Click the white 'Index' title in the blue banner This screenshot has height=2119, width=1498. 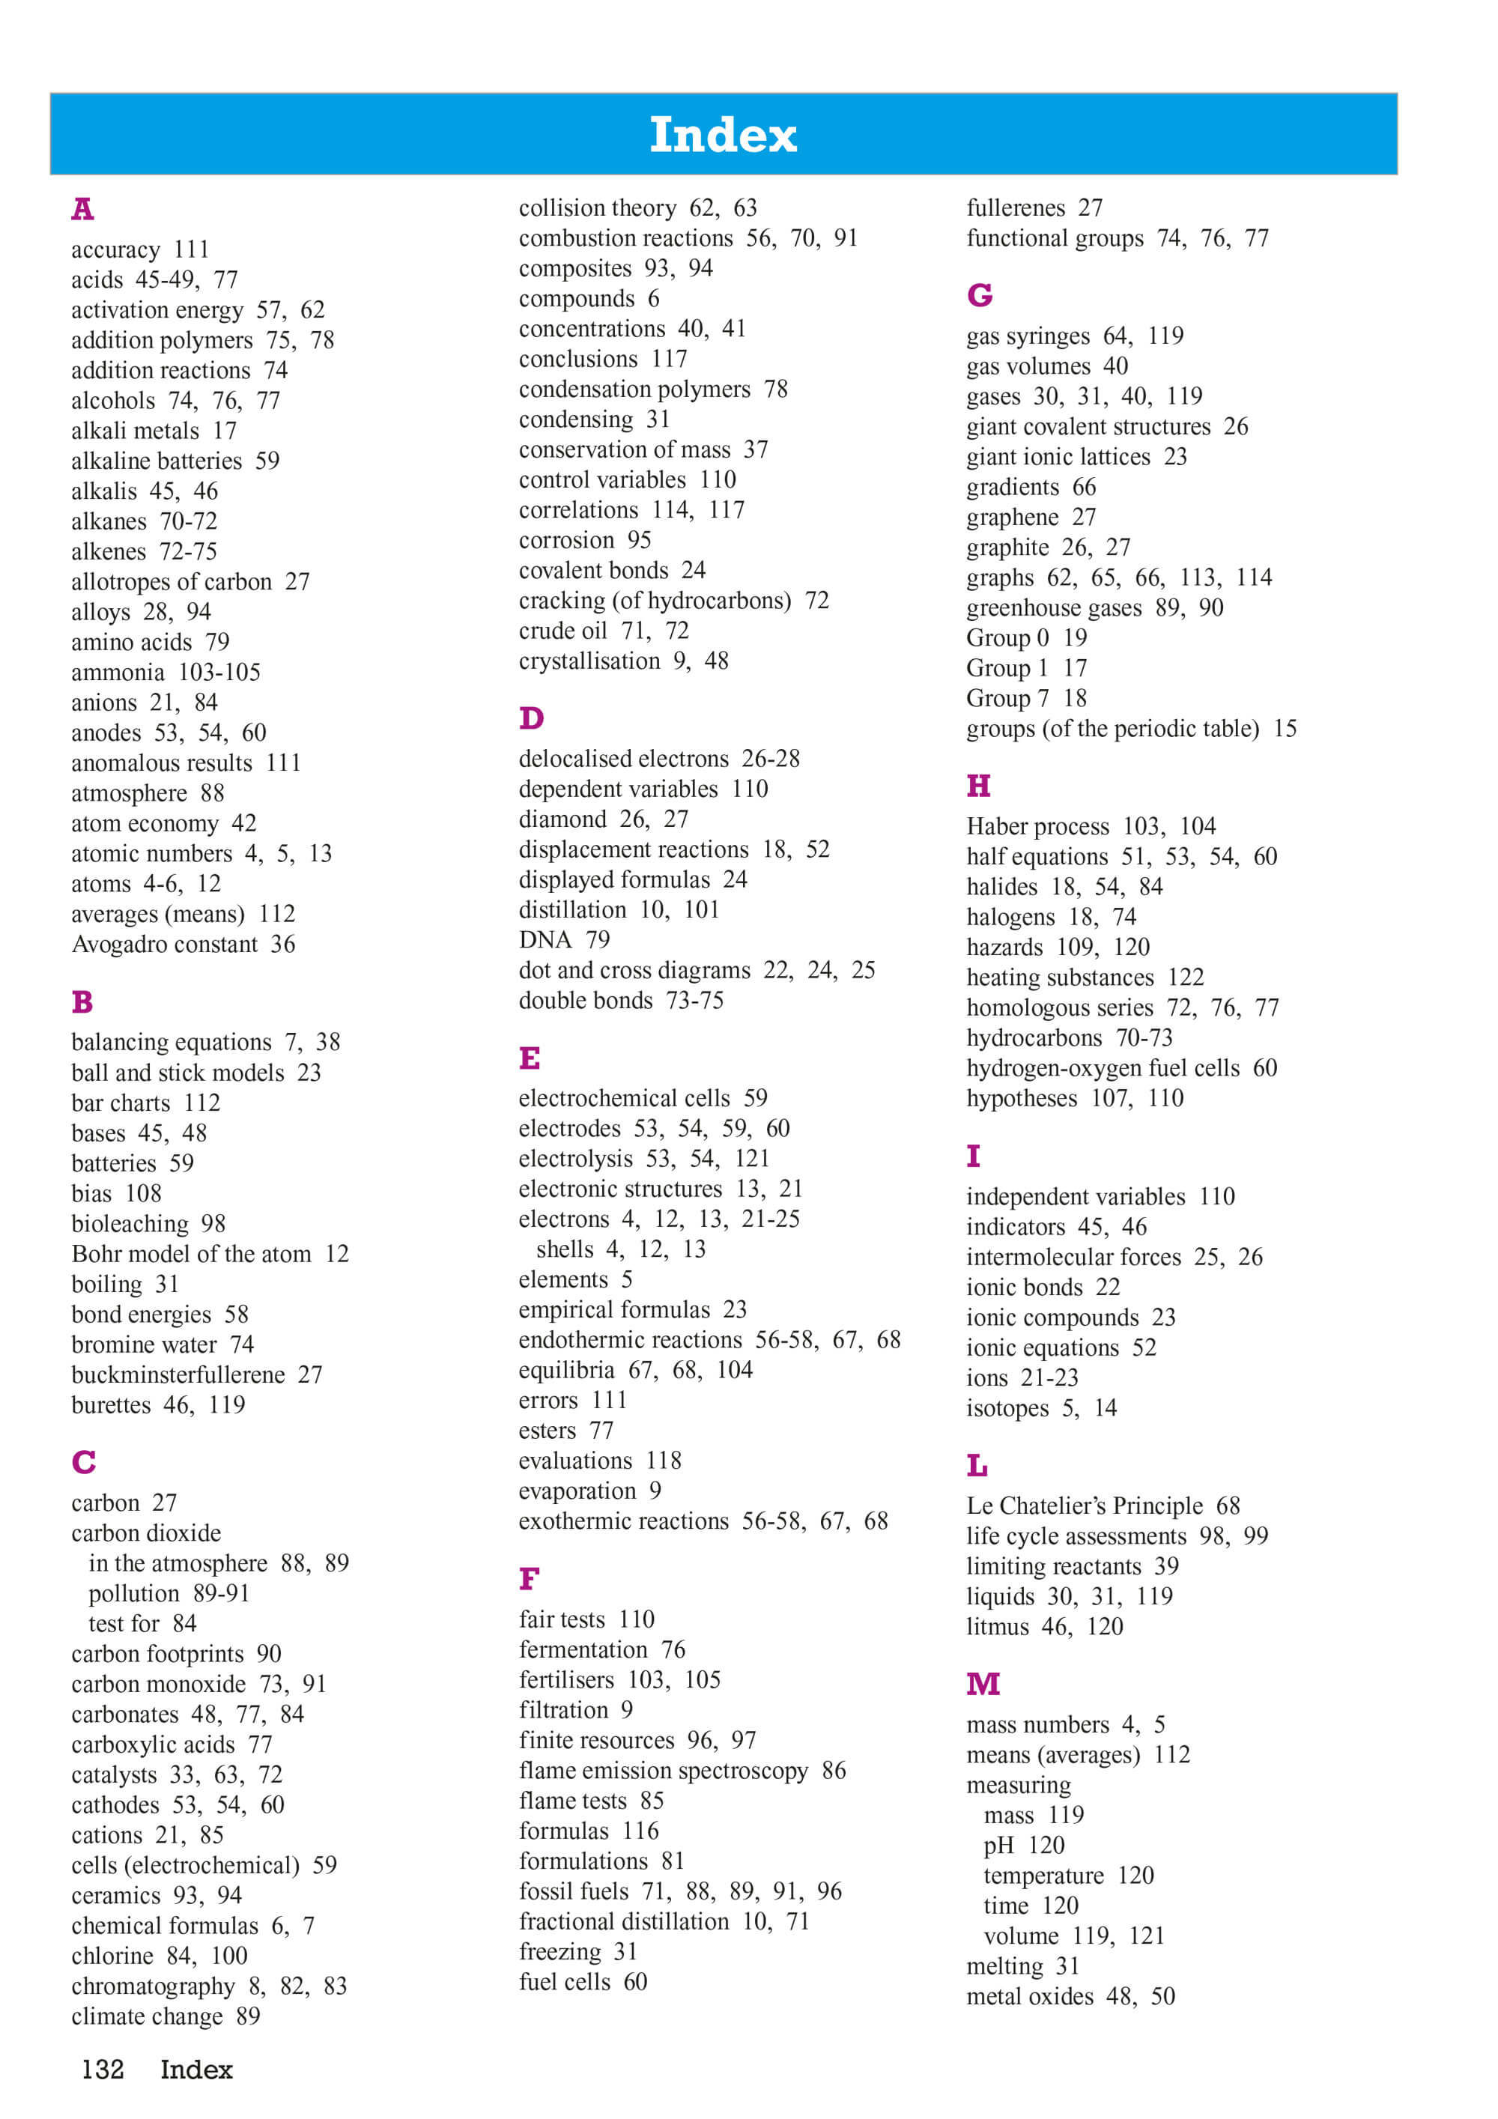click(723, 135)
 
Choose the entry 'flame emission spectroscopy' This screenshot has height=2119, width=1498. click(663, 1770)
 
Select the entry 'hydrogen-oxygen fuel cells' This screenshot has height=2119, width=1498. click(1103, 1068)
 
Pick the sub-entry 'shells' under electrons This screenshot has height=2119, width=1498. click(565, 1249)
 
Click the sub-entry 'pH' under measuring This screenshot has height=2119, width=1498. click(998, 1845)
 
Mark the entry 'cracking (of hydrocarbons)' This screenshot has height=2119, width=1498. click(655, 601)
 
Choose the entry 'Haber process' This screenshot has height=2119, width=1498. click(1037, 826)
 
